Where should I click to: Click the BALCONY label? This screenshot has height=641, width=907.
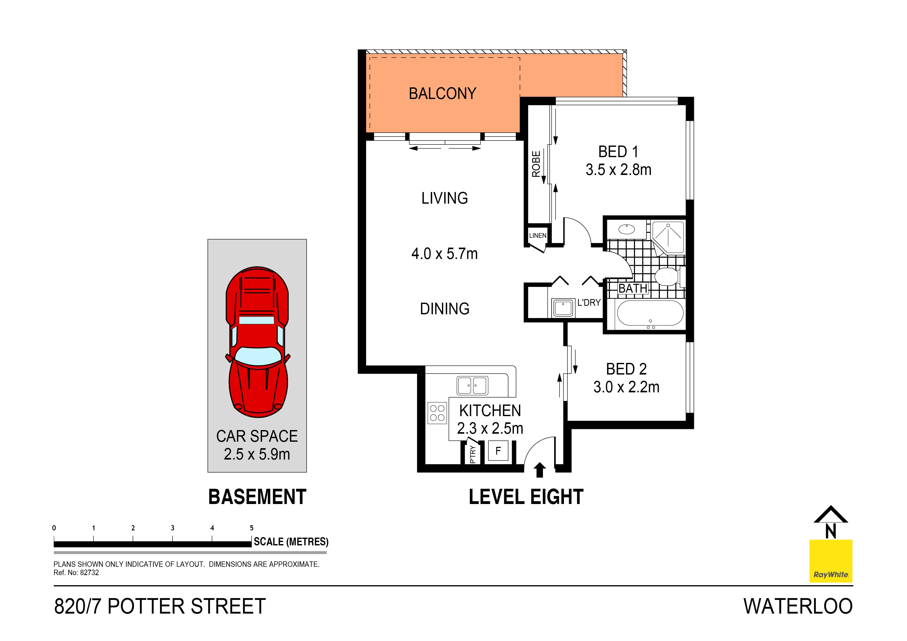click(442, 94)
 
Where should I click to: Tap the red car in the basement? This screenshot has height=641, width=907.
click(257, 342)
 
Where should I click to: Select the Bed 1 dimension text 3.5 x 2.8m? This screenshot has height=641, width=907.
click(618, 170)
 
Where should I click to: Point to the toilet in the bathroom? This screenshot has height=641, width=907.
click(668, 277)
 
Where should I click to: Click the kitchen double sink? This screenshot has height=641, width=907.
click(472, 385)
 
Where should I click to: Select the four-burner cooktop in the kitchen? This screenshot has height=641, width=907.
click(437, 413)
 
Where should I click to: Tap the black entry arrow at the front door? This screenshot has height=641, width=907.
click(540, 470)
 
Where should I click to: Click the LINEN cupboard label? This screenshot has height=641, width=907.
click(538, 236)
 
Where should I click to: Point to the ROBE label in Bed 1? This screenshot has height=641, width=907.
click(536, 164)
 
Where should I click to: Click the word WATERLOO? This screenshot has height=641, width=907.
click(798, 606)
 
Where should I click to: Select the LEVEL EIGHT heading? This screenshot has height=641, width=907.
click(526, 497)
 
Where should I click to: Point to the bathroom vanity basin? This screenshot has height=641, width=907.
click(626, 229)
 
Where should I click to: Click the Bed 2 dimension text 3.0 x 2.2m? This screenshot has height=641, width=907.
click(626, 387)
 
